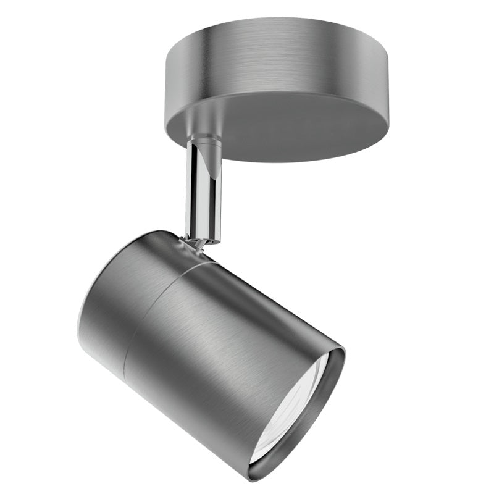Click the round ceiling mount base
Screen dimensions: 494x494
click(x=278, y=86)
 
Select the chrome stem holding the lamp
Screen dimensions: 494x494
click(x=203, y=191)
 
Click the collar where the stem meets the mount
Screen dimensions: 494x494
click(x=204, y=143)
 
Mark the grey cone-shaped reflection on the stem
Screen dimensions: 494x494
click(x=213, y=164)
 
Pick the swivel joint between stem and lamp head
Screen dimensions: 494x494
click(x=196, y=243)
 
